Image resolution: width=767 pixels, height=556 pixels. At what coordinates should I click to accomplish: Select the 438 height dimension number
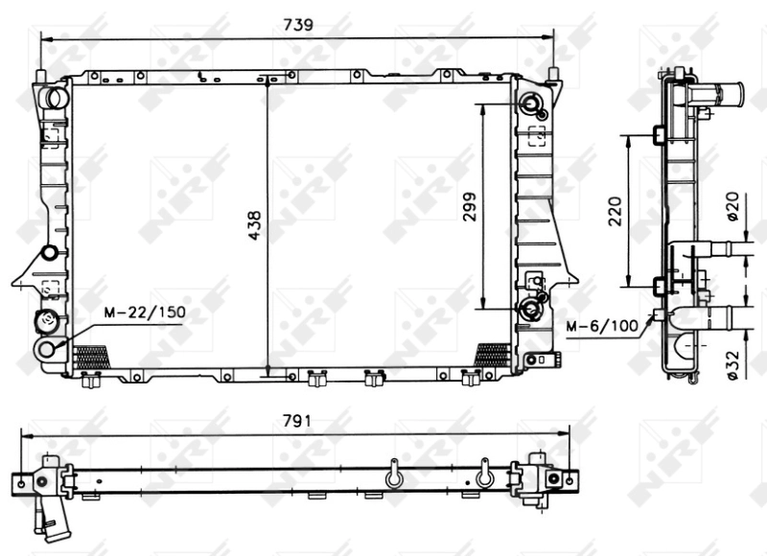(254, 226)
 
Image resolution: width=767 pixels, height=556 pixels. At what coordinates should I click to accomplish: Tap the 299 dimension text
(471, 205)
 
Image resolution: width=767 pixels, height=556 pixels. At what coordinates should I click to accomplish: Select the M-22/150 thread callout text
(145, 312)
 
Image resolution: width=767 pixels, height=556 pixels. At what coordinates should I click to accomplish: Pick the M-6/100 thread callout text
(601, 327)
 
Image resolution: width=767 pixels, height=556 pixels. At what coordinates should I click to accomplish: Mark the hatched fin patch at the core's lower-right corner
(493, 355)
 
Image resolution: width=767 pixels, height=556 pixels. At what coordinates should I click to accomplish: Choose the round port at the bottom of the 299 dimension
(528, 308)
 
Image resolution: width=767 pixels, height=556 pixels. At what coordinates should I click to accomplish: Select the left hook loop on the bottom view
(391, 475)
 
